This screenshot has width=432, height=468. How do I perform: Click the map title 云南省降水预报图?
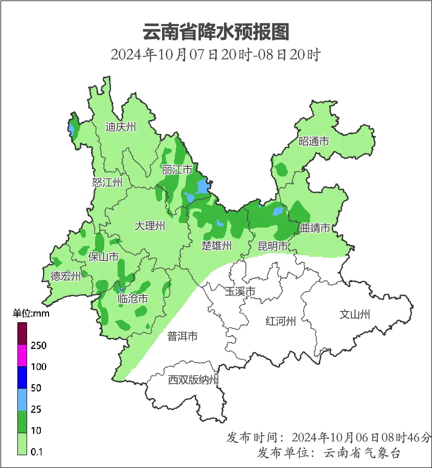(x=216, y=32)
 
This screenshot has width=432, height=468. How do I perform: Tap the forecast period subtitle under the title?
(x=216, y=55)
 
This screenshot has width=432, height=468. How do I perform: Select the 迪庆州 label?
(x=121, y=127)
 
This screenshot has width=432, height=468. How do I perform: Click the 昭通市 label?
(x=314, y=142)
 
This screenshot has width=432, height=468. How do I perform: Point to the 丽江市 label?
(x=177, y=169)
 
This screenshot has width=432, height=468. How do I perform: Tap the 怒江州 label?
(x=107, y=183)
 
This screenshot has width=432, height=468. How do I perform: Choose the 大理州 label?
(x=150, y=226)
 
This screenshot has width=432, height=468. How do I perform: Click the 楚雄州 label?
(x=217, y=246)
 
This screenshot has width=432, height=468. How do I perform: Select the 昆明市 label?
(x=273, y=246)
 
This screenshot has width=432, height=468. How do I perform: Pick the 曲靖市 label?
(x=315, y=228)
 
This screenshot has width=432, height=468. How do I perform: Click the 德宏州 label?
(x=65, y=277)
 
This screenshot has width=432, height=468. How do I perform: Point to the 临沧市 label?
(x=133, y=299)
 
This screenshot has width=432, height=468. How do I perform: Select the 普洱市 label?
(x=183, y=336)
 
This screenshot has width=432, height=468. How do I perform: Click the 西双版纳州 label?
(x=194, y=380)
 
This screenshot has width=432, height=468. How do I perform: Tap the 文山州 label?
(x=355, y=315)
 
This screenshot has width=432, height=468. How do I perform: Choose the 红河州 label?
(x=281, y=321)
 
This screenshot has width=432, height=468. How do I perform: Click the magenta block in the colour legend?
(x=22, y=355)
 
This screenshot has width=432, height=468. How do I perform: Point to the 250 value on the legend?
(x=38, y=346)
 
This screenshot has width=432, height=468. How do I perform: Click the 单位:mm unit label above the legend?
(x=31, y=314)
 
